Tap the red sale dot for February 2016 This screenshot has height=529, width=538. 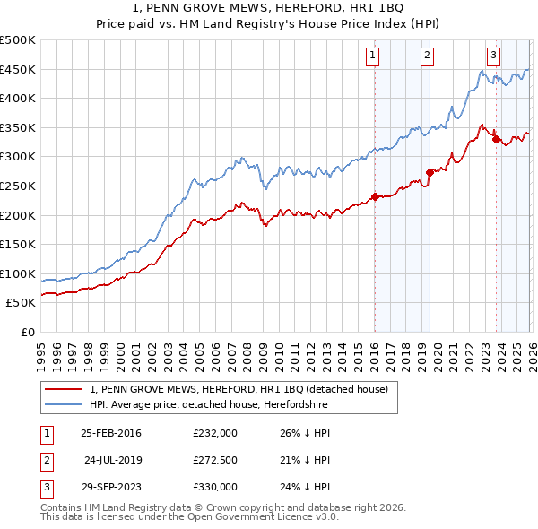(x=375, y=196)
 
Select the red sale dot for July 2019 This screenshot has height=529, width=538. (x=430, y=172)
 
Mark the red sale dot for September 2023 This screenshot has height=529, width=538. (x=496, y=139)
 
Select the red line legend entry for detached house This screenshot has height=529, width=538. (x=239, y=389)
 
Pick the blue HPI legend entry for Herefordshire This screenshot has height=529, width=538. (x=232, y=405)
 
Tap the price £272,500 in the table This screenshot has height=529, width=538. (x=215, y=460)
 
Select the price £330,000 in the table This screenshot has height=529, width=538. (x=215, y=487)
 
